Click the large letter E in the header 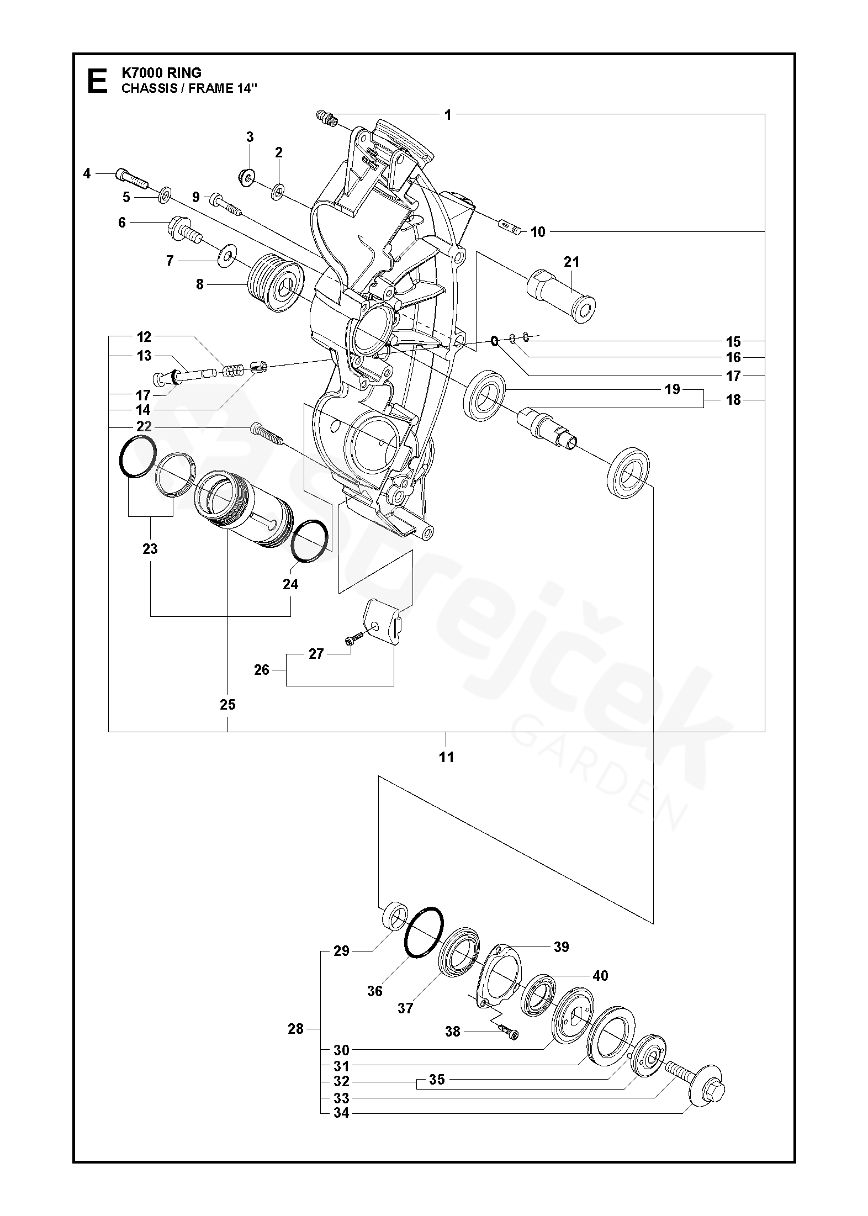[98, 81]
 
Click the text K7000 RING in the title [161, 73]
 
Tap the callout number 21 [571, 261]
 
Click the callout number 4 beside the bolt [87, 173]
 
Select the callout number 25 [227, 705]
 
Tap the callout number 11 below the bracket [446, 757]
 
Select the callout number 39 [561, 947]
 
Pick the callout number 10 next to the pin [537, 232]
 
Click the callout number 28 [296, 1028]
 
